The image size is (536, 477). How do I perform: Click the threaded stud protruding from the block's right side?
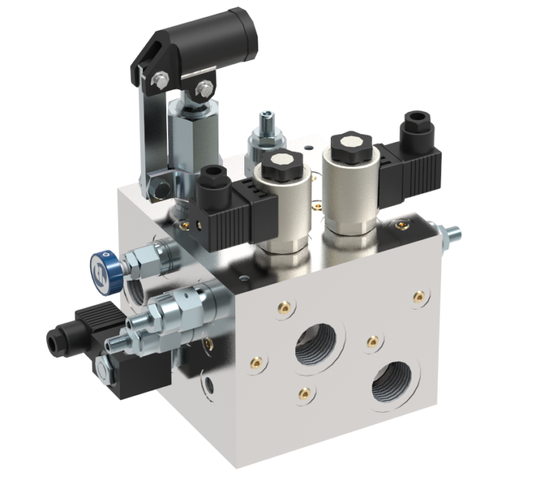click(450, 233)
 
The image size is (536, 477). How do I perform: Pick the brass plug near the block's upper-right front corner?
click(419, 296)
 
